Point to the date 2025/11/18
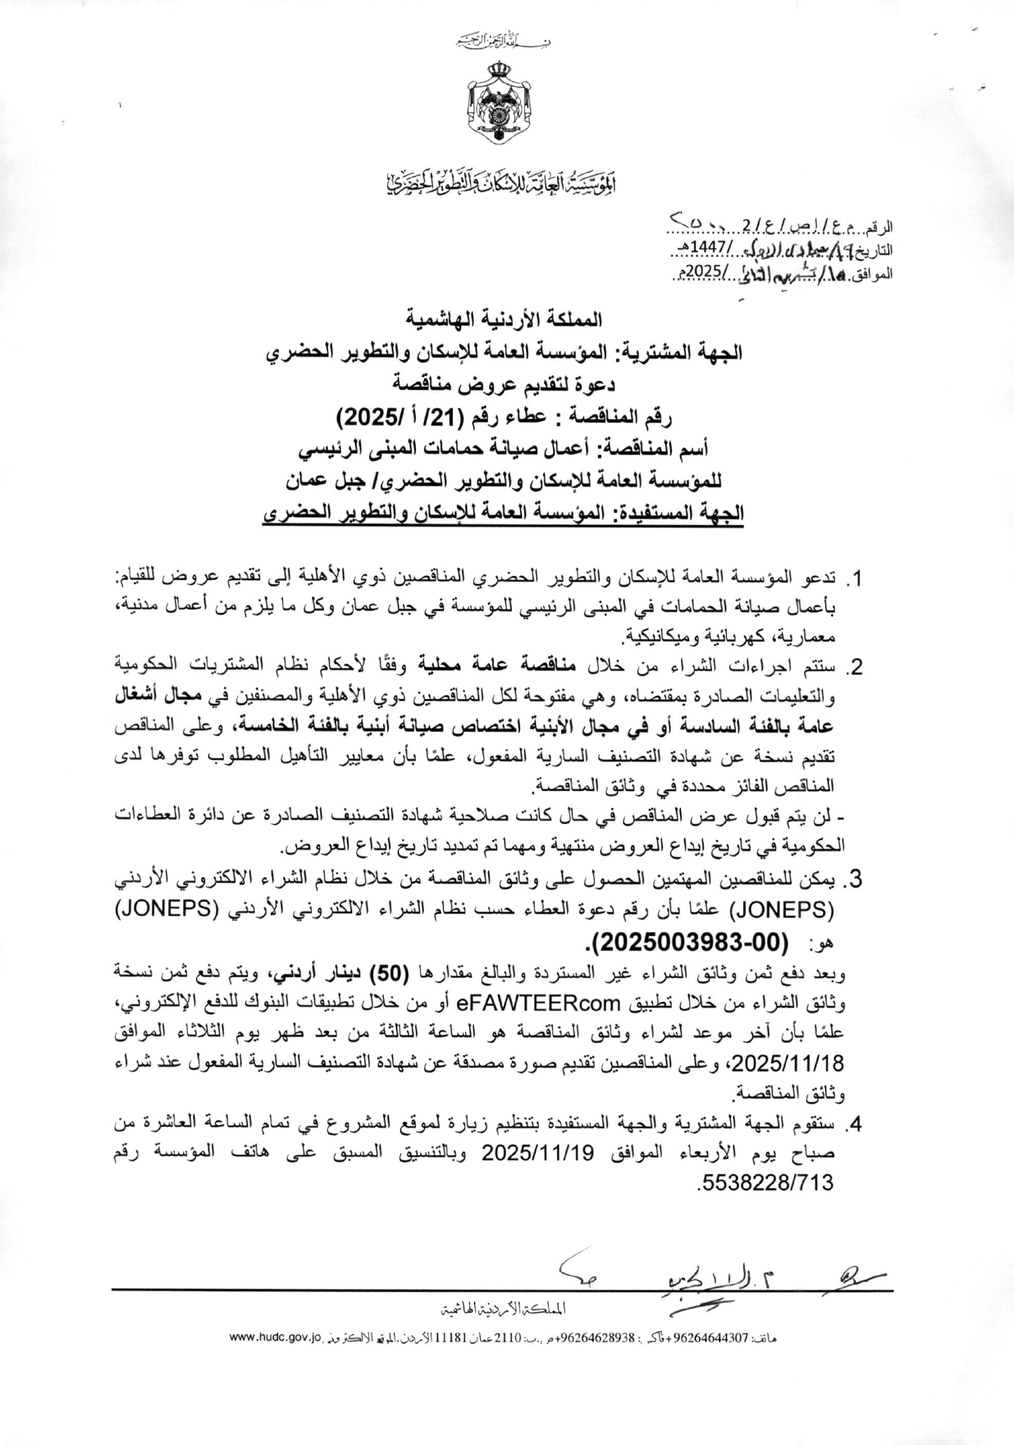(791, 1063)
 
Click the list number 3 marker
(854, 880)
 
